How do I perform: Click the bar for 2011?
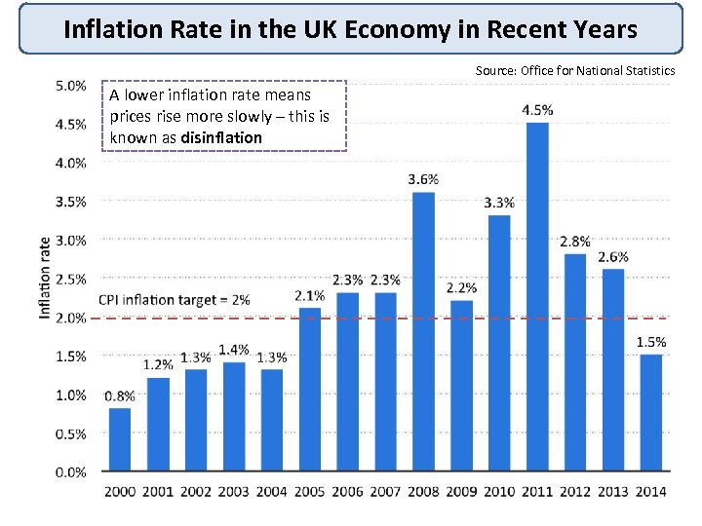point(537,296)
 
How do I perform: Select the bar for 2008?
point(423,331)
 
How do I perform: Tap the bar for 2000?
point(119,439)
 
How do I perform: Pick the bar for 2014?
point(651,413)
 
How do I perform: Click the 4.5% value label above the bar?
point(537,110)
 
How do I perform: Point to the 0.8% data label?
point(119,396)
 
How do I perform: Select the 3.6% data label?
point(423,179)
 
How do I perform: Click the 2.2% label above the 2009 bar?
point(461,288)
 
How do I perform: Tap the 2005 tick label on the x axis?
point(309,491)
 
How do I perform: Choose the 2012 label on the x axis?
point(575,491)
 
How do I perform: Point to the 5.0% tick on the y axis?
point(69,86)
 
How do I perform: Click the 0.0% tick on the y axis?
point(69,472)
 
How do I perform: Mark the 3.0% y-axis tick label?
point(69,241)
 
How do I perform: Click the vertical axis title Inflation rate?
point(45,278)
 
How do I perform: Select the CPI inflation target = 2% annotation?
point(175,299)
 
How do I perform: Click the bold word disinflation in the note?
point(221,137)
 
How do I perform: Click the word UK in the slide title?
point(305,29)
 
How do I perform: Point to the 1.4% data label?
point(233,350)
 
